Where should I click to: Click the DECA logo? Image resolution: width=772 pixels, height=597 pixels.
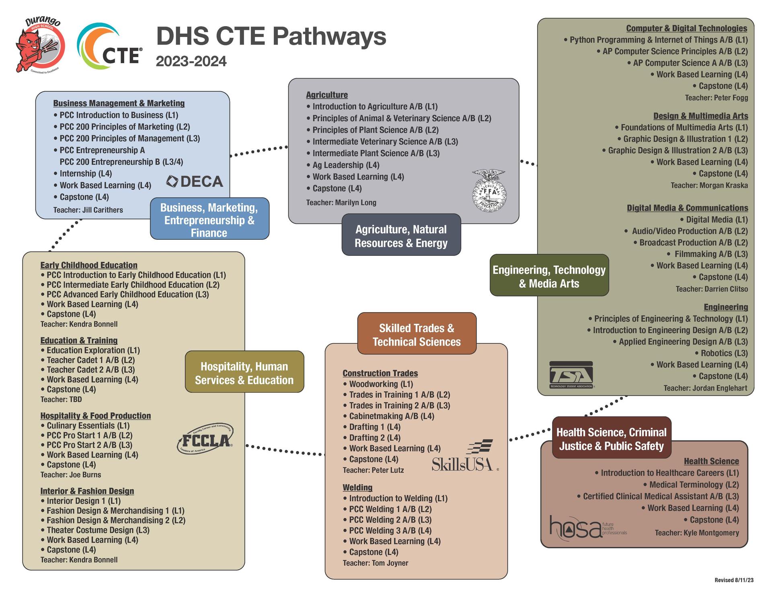[x=195, y=181]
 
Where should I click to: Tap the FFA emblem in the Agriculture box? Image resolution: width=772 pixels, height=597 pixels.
[x=489, y=191]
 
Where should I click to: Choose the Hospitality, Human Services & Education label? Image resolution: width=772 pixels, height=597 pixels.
[x=244, y=373]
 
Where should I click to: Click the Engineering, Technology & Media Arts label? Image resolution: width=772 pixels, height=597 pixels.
[x=549, y=276]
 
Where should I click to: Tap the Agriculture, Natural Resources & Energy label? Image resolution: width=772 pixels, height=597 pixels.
[x=401, y=236]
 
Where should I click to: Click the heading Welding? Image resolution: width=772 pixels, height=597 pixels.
[x=357, y=488]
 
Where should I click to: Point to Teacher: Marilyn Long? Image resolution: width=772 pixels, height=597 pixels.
[x=341, y=202]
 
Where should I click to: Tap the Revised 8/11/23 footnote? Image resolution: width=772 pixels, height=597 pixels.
[x=734, y=580]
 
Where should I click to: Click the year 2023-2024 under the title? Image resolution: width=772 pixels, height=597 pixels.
[x=191, y=62]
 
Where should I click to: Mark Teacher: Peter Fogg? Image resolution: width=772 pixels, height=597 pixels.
[x=716, y=98]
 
